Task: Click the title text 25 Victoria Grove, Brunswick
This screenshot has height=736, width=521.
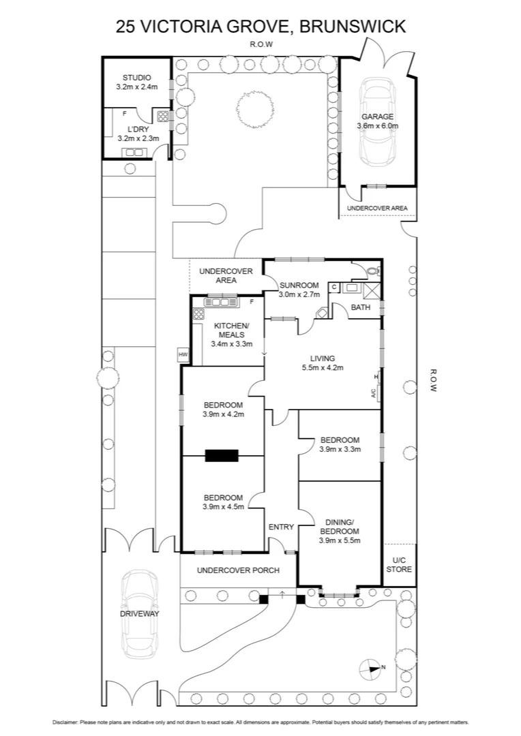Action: [260, 26]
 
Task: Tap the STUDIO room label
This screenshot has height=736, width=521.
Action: [136, 78]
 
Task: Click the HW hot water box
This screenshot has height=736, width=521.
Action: [183, 354]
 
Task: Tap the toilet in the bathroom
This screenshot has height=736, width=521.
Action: [372, 271]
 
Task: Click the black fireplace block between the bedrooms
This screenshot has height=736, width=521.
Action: [222, 455]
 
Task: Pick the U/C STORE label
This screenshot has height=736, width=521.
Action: [399, 565]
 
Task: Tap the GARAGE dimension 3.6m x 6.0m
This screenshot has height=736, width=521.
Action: [377, 126]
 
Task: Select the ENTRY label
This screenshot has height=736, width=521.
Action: [281, 527]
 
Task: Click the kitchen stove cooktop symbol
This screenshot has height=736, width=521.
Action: [199, 314]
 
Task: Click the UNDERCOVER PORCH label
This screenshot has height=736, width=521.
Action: [229, 570]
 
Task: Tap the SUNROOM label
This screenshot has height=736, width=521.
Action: [299, 285]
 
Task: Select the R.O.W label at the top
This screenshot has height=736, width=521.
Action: [260, 44]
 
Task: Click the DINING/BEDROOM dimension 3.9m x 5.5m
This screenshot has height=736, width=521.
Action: [339, 540]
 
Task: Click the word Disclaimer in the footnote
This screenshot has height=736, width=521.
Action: [65, 722]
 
